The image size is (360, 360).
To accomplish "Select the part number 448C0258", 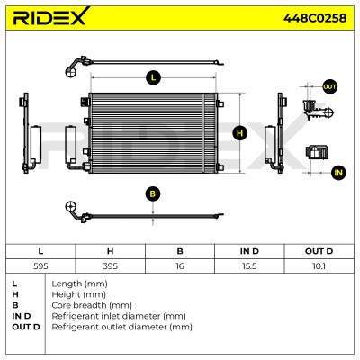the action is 315,18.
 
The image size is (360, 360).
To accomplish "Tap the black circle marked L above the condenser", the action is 153,78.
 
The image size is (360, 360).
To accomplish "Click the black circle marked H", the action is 239,133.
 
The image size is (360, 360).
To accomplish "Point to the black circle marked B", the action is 153,193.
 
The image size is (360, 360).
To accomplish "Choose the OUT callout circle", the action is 329,87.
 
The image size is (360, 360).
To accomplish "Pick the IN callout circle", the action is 338,173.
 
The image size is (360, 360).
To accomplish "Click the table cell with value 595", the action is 40,266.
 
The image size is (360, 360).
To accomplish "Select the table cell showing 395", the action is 110,266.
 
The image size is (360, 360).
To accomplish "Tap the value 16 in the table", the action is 180,266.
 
